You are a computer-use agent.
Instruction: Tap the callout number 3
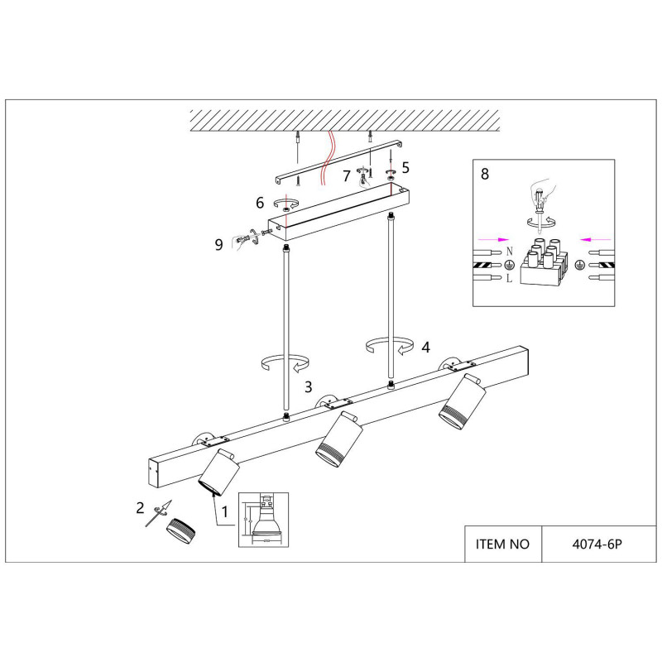pyautogui.click(x=308, y=386)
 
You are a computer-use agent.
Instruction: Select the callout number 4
pyautogui.click(x=425, y=348)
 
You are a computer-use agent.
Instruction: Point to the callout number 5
pyautogui.click(x=405, y=167)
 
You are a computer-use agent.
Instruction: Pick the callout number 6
pyautogui.click(x=259, y=203)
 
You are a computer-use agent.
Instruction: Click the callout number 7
pyautogui.click(x=347, y=175)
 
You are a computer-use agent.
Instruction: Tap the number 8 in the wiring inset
pyautogui.click(x=485, y=175)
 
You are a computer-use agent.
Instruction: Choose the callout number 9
pyautogui.click(x=218, y=244)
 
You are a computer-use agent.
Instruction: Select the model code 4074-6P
pyautogui.click(x=597, y=544)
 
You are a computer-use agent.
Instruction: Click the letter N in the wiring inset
pyautogui.click(x=510, y=251)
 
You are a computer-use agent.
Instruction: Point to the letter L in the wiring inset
pyautogui.click(x=510, y=279)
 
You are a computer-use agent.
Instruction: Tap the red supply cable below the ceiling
pyautogui.click(x=330, y=153)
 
